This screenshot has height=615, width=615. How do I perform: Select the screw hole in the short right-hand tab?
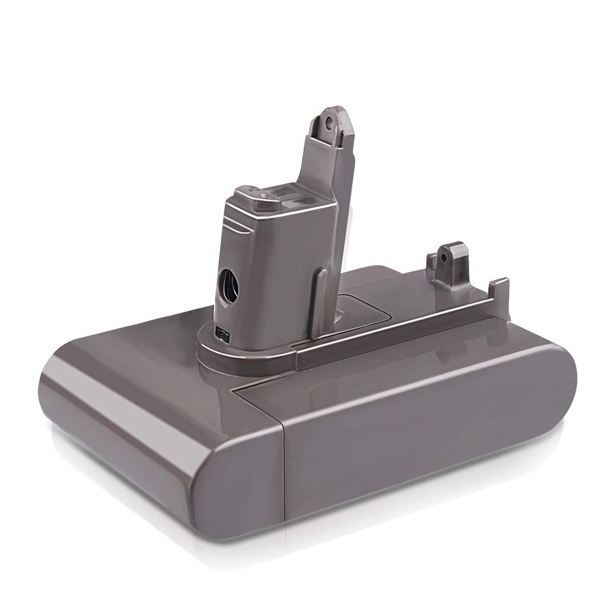pyautogui.click(x=444, y=257)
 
